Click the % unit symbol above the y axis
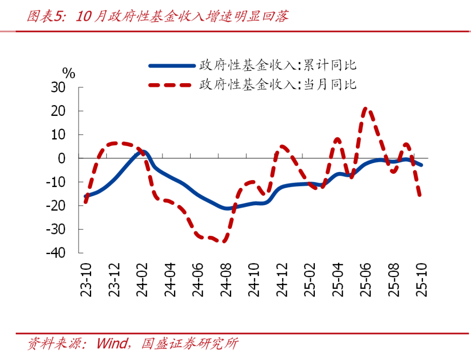(68, 73)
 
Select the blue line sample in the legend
(171, 66)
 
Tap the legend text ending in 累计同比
(278, 66)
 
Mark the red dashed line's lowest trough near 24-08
(225, 240)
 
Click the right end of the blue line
(421, 165)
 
